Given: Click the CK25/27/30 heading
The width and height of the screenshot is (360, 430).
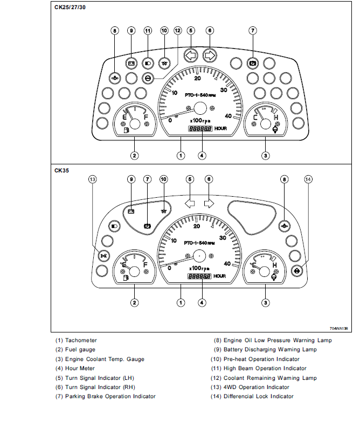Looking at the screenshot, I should click(x=69, y=8).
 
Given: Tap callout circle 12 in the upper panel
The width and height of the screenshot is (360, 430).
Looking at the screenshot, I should click(x=178, y=31).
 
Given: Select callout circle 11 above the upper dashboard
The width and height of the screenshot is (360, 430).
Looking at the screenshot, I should click(x=147, y=31).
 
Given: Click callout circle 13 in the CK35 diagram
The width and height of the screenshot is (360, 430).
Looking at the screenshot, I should click(x=93, y=179).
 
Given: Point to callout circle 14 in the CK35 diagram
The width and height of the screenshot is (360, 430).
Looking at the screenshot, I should click(x=308, y=179).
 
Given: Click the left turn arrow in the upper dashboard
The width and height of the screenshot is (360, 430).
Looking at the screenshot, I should click(x=191, y=55).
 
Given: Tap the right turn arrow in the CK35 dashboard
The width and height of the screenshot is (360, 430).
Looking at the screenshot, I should click(x=209, y=203).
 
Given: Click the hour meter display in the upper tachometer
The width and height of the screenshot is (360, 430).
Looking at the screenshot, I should click(x=199, y=129).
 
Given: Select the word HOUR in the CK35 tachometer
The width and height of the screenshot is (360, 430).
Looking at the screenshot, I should click(x=220, y=276).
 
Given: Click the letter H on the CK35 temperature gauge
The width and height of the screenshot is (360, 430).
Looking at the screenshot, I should click(x=275, y=265).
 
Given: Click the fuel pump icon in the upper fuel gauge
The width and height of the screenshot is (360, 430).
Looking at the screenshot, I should click(x=126, y=129).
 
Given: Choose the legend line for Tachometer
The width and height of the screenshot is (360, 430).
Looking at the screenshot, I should click(x=76, y=340).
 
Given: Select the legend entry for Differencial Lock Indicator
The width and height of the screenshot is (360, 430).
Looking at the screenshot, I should click(x=252, y=396).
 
